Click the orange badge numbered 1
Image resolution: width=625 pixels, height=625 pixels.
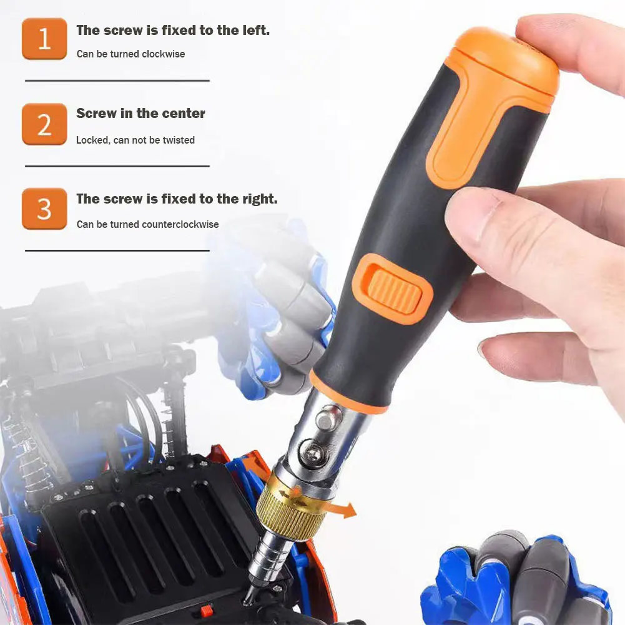pyautogui.click(x=44, y=39)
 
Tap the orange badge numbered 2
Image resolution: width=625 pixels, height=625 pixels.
pyautogui.click(x=44, y=124)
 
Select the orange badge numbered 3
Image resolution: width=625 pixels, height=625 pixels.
pyautogui.click(x=44, y=209)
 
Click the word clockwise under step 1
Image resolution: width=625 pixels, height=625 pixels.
pyautogui.click(x=164, y=54)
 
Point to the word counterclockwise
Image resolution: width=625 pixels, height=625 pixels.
pyautogui.click(x=180, y=225)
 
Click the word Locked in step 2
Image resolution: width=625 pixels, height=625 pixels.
pyautogui.click(x=93, y=140)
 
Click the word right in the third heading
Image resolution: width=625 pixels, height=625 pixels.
pyautogui.click(x=258, y=199)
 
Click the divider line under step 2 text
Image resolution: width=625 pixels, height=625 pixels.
pyautogui.click(x=117, y=166)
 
